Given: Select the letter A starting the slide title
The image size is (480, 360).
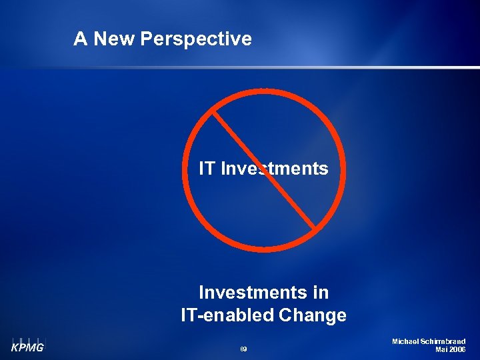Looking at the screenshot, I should click(80, 39).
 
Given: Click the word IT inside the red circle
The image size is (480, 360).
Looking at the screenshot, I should click(207, 169).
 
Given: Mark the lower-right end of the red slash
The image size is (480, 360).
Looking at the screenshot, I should click(313, 228).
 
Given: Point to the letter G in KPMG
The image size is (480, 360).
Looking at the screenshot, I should click(39, 347).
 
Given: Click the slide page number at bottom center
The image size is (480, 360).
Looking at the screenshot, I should click(243, 349).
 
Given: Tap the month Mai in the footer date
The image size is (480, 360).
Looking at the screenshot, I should click(441, 349).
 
